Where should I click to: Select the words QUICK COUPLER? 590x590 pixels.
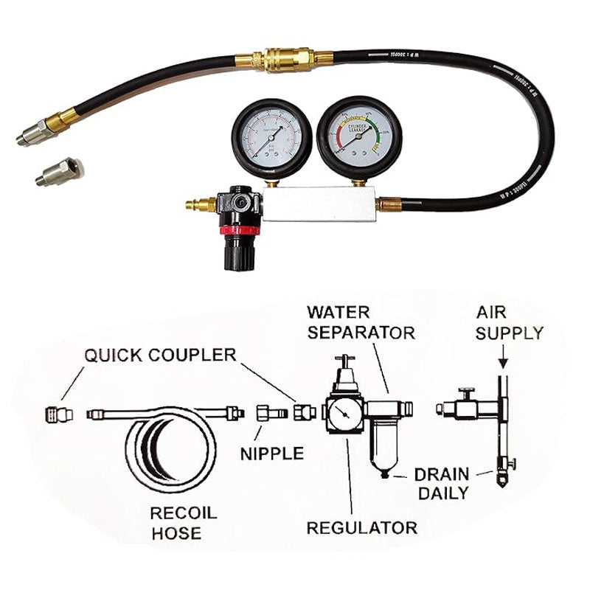click(160, 355)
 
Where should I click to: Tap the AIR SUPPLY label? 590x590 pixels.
click(508, 322)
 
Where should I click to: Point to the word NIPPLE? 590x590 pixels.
click(271, 453)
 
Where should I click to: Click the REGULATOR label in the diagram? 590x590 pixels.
click(361, 527)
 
